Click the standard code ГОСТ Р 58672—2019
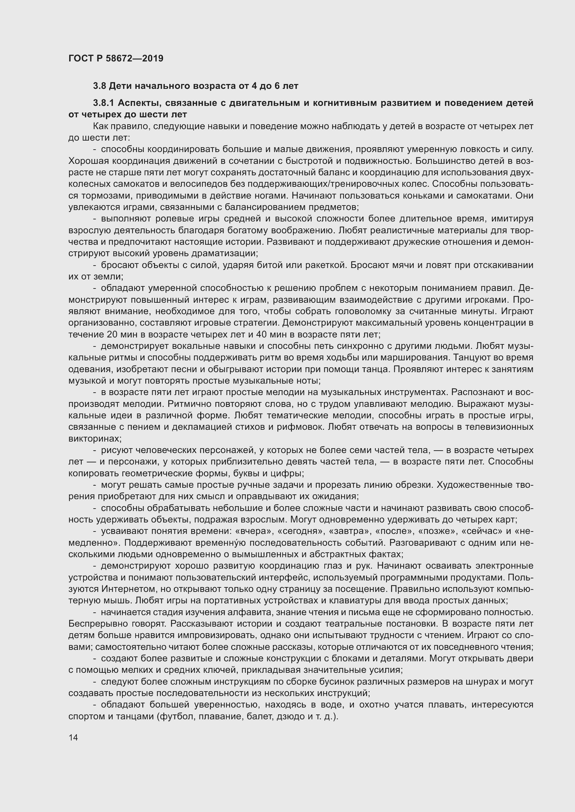point(116,58)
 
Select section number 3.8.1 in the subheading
point(103,103)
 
